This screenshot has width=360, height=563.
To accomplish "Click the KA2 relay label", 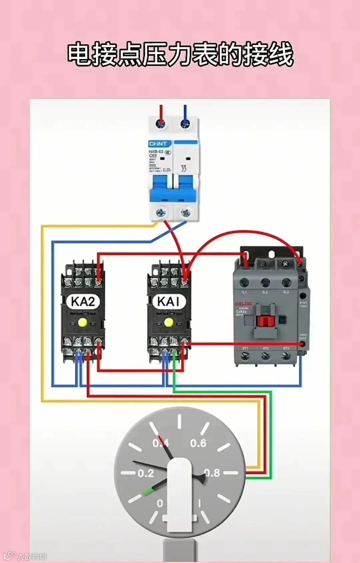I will click(x=83, y=301).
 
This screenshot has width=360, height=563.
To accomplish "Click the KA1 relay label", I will click(x=169, y=301).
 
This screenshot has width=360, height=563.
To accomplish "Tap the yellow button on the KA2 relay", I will click(x=82, y=322).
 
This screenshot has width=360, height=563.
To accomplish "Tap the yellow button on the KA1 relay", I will click(x=169, y=322).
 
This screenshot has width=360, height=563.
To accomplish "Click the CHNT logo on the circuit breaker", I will click(x=158, y=144).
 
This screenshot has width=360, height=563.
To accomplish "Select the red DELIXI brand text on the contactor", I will click(x=244, y=304).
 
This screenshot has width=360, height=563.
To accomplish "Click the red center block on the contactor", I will click(x=265, y=321).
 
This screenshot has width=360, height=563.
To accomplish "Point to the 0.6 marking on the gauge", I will click(x=198, y=443).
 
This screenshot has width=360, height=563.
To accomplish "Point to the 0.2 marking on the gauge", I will click(x=146, y=473).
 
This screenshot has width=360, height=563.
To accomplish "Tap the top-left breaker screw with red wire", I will click(x=161, y=124).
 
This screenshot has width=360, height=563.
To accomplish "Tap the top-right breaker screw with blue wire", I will click(x=185, y=124).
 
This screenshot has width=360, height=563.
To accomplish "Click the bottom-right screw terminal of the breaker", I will click(x=185, y=212).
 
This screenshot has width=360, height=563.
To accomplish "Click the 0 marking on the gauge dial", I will click(x=160, y=503).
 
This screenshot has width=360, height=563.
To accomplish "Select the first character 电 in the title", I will click(x=80, y=54).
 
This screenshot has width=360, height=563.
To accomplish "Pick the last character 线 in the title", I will click(x=281, y=54).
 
